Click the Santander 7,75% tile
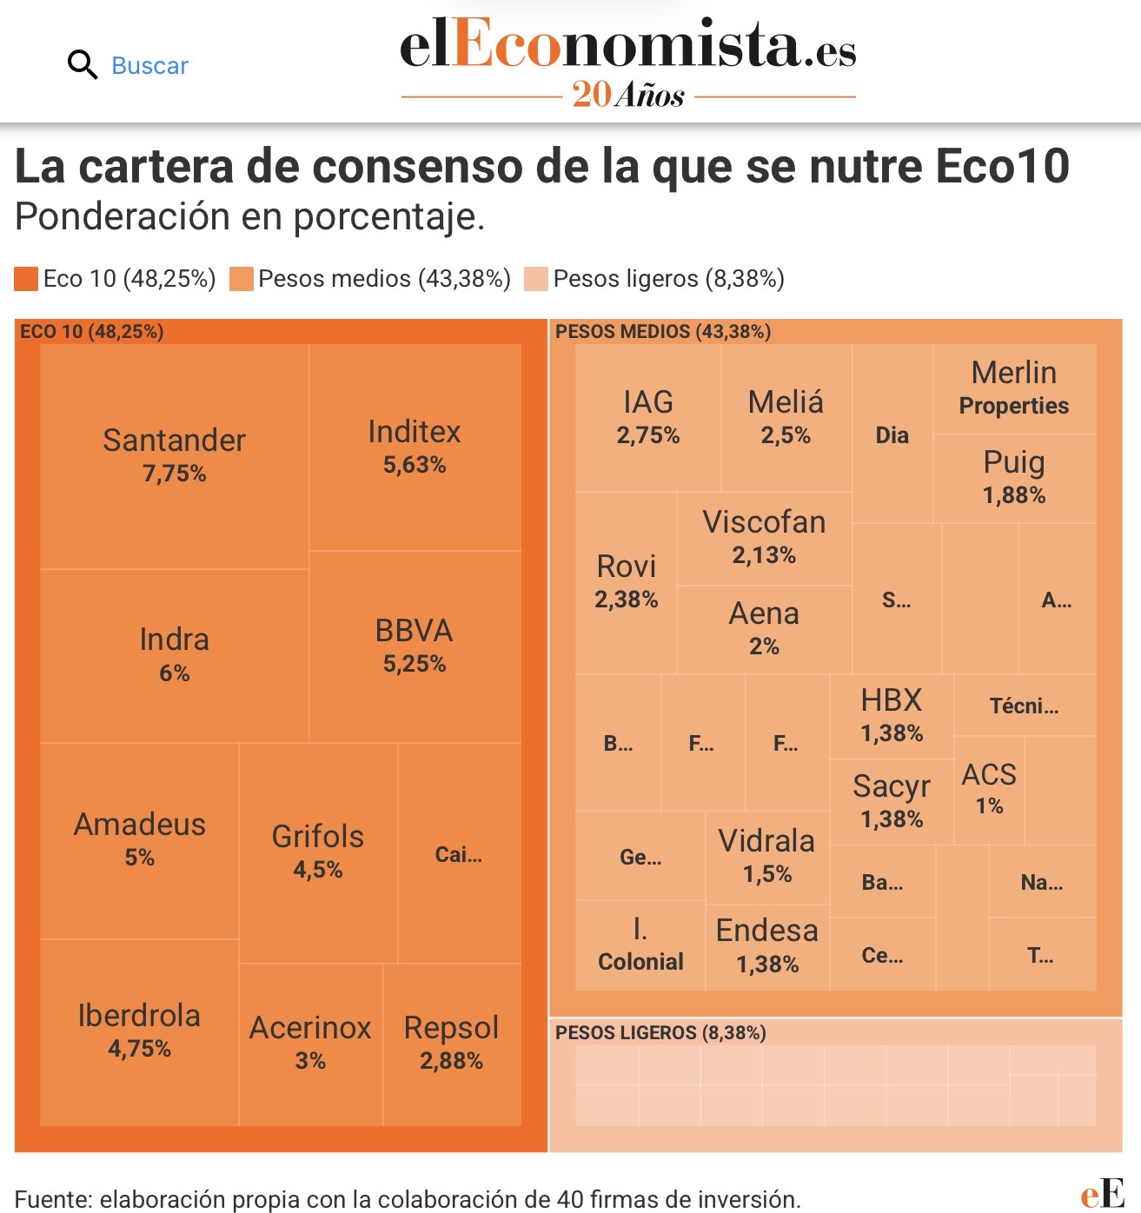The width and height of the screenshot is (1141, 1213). click(x=174, y=456)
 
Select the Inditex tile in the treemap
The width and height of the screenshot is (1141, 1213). click(x=415, y=447)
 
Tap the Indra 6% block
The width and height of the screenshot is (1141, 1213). click(x=174, y=655)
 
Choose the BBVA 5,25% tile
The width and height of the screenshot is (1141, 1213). click(x=415, y=646)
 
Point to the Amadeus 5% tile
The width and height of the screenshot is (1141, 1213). click(x=139, y=839)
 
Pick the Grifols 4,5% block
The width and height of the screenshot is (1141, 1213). click(x=318, y=852)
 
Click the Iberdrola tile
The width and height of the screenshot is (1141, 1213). click(x=139, y=1031)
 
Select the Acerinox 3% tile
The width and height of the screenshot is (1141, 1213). click(x=310, y=1044)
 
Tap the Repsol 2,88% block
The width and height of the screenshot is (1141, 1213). click(x=451, y=1044)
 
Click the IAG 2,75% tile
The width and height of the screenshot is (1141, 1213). click(x=647, y=417)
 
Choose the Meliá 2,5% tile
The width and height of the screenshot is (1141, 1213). click(x=786, y=417)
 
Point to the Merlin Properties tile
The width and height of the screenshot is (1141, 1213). click(x=1014, y=388)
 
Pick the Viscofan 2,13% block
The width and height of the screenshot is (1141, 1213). click(x=764, y=538)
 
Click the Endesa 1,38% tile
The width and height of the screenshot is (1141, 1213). click(x=767, y=946)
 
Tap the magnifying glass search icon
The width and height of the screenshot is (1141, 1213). click(x=83, y=65)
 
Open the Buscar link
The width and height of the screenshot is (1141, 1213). click(x=149, y=66)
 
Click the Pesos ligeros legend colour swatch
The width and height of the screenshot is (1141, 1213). click(x=536, y=279)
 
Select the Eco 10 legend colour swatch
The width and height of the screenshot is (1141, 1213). click(x=26, y=279)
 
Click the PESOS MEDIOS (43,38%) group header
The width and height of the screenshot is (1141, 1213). click(x=663, y=331)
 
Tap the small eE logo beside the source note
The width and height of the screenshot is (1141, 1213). click(x=1102, y=1194)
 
